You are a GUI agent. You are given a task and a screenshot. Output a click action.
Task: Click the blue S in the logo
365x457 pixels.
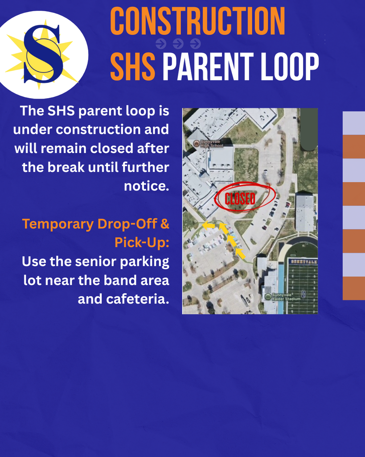pyautogui.click(x=43, y=54)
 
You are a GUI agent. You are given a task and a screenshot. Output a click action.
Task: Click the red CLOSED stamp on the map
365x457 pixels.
pyautogui.click(x=240, y=199)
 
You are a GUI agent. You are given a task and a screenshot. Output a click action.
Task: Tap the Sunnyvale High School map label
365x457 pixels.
pyautogui.click(x=210, y=143)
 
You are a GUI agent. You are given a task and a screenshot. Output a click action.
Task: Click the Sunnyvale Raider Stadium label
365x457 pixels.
pyautogui.click(x=285, y=297)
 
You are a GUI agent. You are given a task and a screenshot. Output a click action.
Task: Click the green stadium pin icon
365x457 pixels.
pyautogui.click(x=267, y=296)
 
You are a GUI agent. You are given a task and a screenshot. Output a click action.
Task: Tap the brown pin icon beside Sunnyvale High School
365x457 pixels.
pyautogui.click(x=196, y=143)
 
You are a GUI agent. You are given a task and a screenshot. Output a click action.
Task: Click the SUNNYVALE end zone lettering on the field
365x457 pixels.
pyautogui.click(x=303, y=261)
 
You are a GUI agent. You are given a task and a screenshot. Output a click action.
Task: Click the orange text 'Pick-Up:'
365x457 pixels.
pyautogui.click(x=142, y=242)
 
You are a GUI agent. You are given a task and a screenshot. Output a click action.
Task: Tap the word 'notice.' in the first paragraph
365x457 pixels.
pyautogui.click(x=147, y=186)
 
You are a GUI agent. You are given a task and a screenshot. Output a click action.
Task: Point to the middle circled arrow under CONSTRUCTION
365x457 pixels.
pyautogui.click(x=178, y=44)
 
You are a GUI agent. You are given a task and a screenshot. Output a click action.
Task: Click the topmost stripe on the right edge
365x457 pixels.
pyautogui.click(x=354, y=123)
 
